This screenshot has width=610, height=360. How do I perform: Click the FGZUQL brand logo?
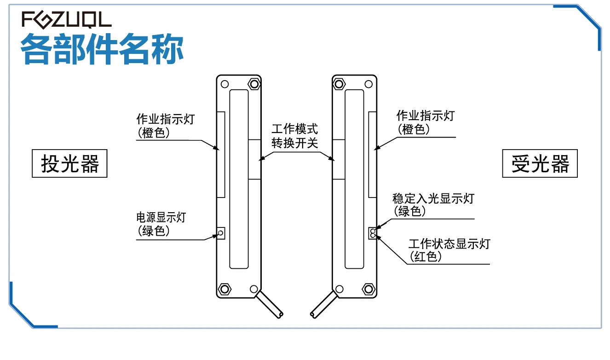(x=67, y=19)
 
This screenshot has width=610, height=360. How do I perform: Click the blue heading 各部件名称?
(x=102, y=49)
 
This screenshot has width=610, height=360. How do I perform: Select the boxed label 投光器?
(x=69, y=163)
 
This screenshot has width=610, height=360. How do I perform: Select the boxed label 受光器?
(x=540, y=163)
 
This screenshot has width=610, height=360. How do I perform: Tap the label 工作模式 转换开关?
(x=295, y=136)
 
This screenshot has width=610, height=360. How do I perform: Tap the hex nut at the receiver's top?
(x=340, y=84)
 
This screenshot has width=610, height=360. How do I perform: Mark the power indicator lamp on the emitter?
(x=221, y=233)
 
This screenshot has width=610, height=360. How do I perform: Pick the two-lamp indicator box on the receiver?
(x=372, y=233)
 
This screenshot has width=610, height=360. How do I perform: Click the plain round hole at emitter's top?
(x=224, y=84)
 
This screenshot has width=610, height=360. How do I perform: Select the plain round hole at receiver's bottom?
(x=340, y=289)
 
